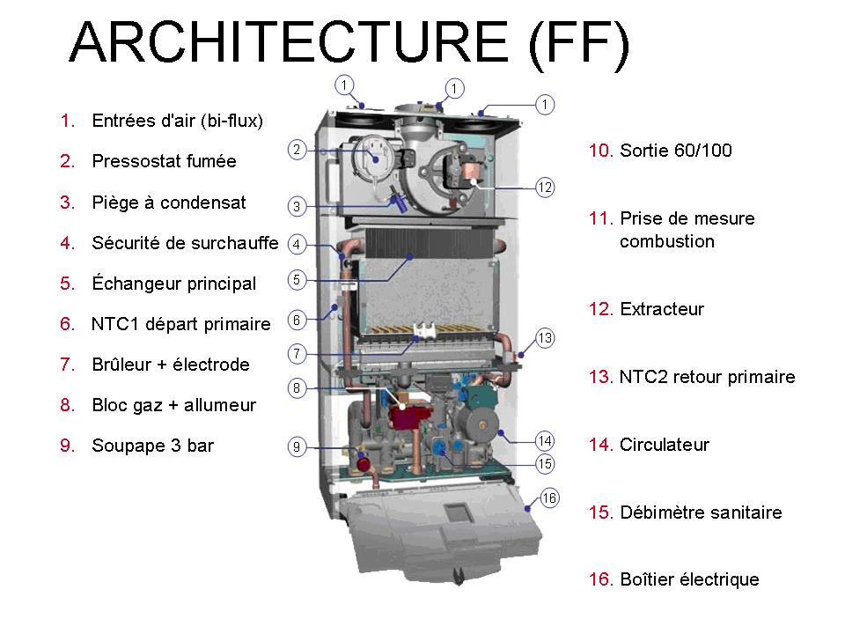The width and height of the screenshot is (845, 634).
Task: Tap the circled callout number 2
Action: pos(298,150)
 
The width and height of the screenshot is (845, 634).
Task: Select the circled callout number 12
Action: pos(546,187)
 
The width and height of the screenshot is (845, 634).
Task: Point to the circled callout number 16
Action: pos(550,498)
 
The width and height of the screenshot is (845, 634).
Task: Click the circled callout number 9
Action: pos(298,447)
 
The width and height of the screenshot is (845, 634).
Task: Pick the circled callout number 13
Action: pos(546,338)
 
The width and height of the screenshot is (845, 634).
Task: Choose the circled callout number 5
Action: pos(298,280)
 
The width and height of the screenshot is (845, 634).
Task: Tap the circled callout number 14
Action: pos(546,440)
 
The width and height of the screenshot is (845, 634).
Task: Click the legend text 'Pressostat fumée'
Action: pos(164,162)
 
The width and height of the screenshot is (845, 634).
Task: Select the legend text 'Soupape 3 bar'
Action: pos(152,446)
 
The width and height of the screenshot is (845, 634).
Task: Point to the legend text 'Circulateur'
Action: pos(664,445)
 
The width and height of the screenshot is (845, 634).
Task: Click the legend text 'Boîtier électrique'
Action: pos(688,579)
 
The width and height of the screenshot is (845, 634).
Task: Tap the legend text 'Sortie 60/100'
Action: pos(675,151)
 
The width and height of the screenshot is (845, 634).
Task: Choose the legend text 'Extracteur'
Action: pos(662,309)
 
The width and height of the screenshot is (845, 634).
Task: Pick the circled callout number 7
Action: pos(298,354)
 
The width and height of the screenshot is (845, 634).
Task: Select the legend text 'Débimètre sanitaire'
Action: pos(701,512)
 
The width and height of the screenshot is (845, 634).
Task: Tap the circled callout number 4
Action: pos(298,244)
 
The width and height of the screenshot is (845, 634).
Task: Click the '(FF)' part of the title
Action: pos(579,41)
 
